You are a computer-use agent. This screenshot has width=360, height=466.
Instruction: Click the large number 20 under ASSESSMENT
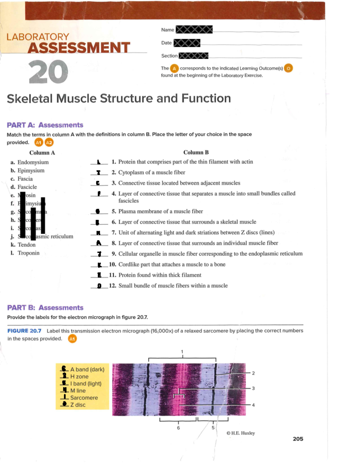tap(48, 72)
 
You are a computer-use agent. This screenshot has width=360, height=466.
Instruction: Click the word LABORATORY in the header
tap(38, 37)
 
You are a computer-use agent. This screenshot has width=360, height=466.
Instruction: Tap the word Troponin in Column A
tap(28, 253)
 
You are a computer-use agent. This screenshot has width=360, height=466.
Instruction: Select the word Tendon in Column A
tap(26, 245)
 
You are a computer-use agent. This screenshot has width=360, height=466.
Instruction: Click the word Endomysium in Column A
tap(33, 162)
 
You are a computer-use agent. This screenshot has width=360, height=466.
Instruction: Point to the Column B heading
tap(196, 152)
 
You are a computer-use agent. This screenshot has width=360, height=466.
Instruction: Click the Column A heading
tap(42, 153)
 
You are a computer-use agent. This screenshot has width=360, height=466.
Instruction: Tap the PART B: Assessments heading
tap(45, 308)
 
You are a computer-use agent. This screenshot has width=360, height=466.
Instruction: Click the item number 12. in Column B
tap(112, 286)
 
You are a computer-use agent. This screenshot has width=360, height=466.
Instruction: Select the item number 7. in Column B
tap(114, 233)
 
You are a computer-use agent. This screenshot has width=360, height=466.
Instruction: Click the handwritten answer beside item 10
tap(100, 265)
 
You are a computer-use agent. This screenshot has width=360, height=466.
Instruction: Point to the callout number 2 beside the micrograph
tap(253, 373)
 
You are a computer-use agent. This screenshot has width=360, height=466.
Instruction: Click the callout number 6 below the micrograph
tap(178, 428)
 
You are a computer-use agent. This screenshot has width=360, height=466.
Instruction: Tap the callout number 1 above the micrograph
tap(182, 352)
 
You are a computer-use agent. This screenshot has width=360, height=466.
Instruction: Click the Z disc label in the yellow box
tap(78, 405)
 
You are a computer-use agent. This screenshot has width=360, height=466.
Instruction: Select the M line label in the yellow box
tap(78, 391)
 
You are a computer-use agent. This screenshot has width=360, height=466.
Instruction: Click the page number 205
tap(298, 439)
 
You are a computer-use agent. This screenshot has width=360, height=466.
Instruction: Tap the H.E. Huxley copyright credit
tap(241, 433)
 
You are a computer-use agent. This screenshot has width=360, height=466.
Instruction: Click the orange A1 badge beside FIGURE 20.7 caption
tap(72, 339)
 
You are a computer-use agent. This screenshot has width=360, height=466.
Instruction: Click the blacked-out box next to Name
tap(194, 29)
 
